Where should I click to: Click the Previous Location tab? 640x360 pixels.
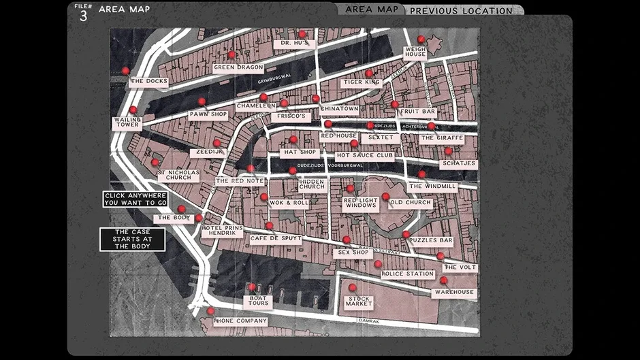click(x=461, y=11)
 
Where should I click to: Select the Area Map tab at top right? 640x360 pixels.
click(x=372, y=10)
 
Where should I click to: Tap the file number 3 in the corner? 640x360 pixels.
click(x=83, y=16)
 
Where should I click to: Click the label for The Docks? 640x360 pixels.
click(x=148, y=82)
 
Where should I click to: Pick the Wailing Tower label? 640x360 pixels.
click(x=127, y=122)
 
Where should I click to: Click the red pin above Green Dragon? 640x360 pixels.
click(x=231, y=55)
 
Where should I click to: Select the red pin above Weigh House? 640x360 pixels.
click(x=421, y=39)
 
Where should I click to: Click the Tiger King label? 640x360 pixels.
click(x=361, y=82)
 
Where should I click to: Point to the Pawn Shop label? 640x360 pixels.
click(x=208, y=115)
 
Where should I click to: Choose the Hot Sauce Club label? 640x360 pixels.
click(x=364, y=155)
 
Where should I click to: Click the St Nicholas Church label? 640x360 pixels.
click(x=178, y=176)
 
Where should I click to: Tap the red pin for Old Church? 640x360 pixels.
click(x=385, y=197)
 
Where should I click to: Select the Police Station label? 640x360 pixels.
click(x=407, y=274)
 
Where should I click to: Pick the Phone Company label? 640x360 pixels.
click(x=240, y=321)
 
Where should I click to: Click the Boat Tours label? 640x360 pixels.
click(x=259, y=300)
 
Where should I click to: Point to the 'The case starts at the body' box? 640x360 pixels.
click(x=132, y=239)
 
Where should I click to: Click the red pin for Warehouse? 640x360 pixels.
click(x=444, y=280)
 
